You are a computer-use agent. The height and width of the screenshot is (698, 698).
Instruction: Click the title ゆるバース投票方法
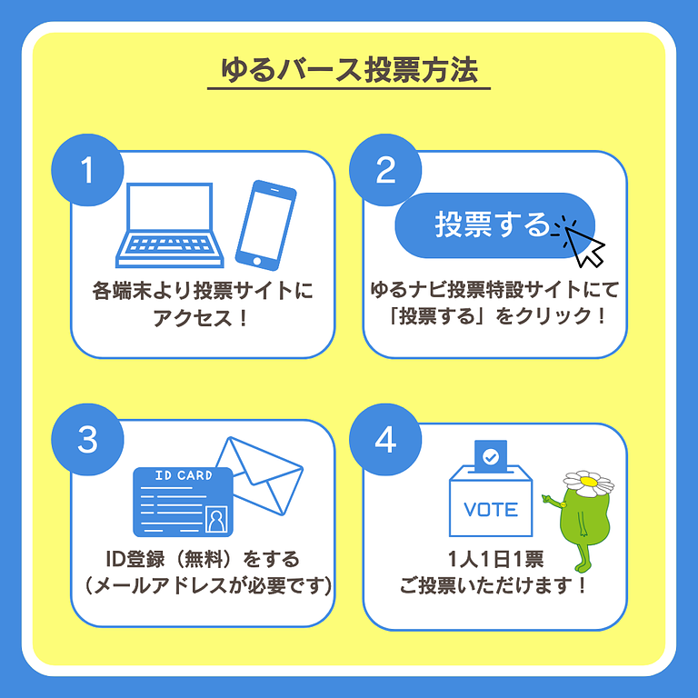click(349, 71)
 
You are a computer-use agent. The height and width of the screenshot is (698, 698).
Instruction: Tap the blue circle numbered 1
click(87, 170)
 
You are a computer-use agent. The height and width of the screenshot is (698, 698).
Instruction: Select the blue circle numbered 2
click(386, 170)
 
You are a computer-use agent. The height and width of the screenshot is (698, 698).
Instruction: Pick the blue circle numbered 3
click(87, 439)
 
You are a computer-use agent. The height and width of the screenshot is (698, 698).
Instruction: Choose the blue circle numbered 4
click(386, 439)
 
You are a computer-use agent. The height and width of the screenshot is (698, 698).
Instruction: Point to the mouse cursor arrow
click(584, 244)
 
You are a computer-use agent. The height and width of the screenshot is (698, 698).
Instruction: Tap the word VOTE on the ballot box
click(491, 510)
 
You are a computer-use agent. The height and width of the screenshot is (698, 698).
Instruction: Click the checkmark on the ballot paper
click(491, 457)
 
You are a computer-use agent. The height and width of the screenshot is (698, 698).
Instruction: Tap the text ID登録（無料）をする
click(203, 558)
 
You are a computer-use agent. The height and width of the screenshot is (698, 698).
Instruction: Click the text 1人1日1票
click(494, 558)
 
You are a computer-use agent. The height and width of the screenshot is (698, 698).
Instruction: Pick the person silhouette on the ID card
click(216, 519)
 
